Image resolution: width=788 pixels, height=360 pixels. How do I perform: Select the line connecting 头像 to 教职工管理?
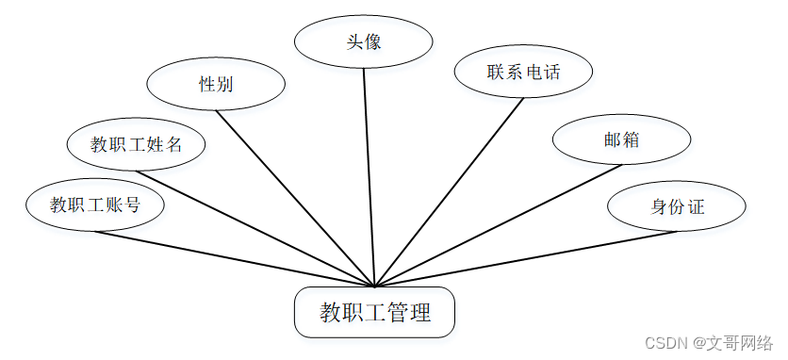point(369,177)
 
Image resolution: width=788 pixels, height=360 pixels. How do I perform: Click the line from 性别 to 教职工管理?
point(296,199)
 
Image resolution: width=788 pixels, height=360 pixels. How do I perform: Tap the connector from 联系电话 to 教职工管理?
point(450,192)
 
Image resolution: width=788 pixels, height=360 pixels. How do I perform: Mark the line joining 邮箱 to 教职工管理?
point(498,226)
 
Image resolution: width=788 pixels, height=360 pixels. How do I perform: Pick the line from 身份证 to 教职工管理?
point(526,259)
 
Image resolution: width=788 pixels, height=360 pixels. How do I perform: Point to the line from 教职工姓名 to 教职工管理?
point(255,229)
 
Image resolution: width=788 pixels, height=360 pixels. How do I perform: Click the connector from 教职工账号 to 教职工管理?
point(235,259)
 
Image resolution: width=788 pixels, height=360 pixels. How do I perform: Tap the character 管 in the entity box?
point(393,312)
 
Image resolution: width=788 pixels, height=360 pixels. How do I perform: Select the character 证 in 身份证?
point(697,206)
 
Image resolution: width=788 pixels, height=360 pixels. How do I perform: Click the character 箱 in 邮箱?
point(631,139)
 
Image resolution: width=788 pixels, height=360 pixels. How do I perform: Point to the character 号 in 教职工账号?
point(132,205)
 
